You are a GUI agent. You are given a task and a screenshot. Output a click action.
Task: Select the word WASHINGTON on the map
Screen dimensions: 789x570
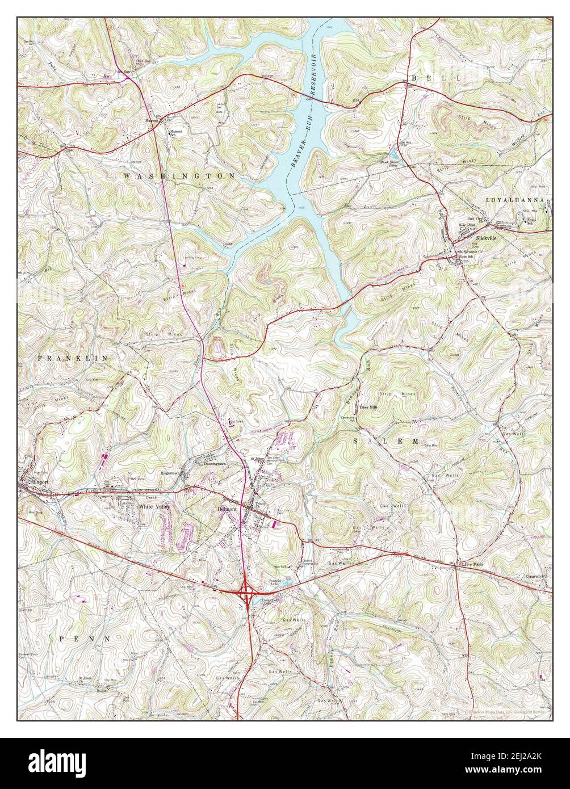click(x=179, y=177)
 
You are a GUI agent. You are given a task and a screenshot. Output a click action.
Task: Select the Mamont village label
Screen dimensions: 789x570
click(x=152, y=121)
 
